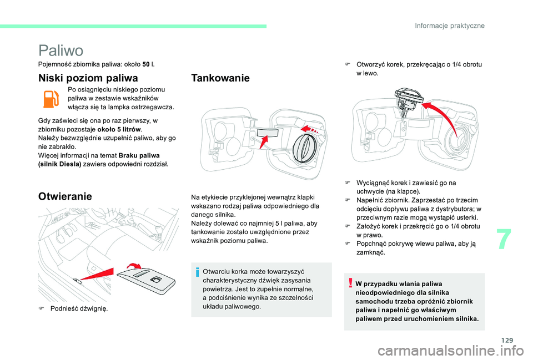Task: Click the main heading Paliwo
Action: click(x=61, y=50)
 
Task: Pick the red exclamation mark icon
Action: click(x=351, y=284)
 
